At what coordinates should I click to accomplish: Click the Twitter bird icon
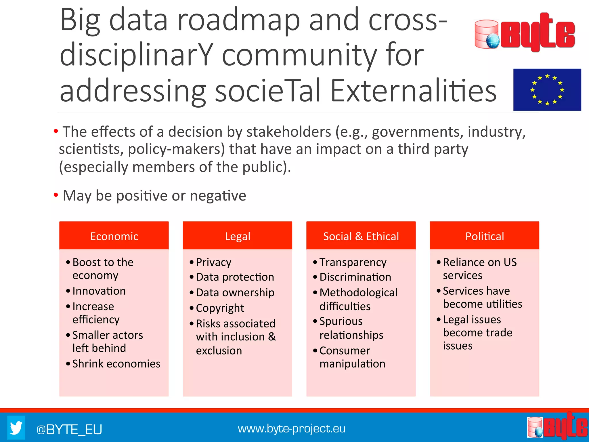(x=16, y=428)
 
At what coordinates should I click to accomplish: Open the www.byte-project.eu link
(x=291, y=428)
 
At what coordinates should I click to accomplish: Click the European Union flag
(x=547, y=89)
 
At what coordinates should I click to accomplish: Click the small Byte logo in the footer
(x=557, y=427)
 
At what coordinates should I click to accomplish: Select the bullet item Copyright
(x=220, y=308)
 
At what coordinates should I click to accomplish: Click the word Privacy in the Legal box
(x=213, y=262)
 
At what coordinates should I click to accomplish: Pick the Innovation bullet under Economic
(x=99, y=291)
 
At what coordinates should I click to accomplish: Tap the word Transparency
(x=353, y=262)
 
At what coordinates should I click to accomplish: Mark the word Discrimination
(x=355, y=277)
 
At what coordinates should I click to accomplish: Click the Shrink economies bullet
(x=116, y=364)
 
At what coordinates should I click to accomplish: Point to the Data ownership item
(x=235, y=292)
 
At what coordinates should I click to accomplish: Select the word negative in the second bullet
(x=218, y=196)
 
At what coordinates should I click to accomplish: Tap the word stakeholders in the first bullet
(x=289, y=132)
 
